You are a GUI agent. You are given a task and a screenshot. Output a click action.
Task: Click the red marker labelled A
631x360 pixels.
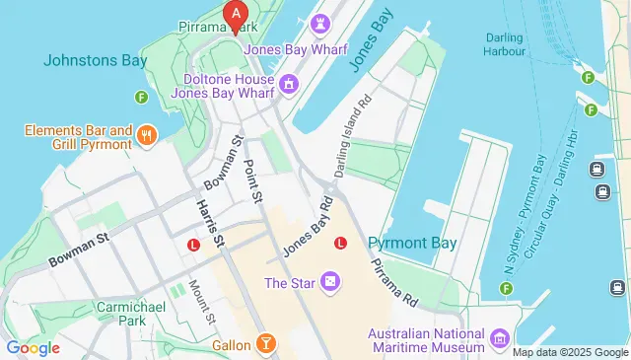(235, 14)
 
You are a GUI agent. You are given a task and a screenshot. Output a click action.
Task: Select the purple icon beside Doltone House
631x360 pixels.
(288, 85)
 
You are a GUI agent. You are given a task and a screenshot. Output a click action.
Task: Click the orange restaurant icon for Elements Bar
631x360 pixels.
(147, 136)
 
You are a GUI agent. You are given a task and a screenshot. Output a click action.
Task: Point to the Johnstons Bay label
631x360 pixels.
(96, 60)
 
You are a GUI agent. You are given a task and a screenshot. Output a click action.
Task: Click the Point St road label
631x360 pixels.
(252, 181)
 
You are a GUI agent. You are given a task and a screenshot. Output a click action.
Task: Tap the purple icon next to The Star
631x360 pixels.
(329, 284)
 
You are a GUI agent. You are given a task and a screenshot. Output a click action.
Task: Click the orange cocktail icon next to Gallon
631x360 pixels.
(265, 342)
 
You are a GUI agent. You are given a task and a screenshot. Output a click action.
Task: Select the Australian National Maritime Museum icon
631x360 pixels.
(500, 339)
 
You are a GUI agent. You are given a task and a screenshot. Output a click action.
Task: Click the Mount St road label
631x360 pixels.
(202, 301)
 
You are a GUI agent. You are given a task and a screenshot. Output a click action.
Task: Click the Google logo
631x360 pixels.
(34, 347)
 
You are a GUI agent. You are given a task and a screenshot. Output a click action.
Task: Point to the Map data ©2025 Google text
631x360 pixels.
(570, 352)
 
